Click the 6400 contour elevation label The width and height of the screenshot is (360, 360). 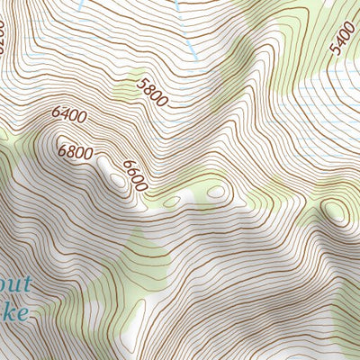[69, 115]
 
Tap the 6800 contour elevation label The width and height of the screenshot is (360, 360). [76, 152]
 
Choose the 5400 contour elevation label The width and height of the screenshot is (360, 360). [343, 37]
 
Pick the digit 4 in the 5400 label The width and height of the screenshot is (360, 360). [340, 41]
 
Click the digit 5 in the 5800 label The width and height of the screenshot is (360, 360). [142, 83]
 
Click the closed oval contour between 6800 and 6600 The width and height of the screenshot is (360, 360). [117, 179]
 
